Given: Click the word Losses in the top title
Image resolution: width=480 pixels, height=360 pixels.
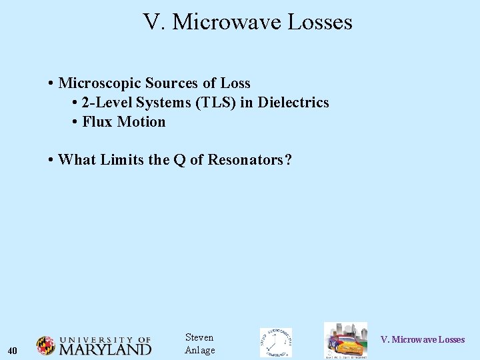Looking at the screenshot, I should pos(319,23).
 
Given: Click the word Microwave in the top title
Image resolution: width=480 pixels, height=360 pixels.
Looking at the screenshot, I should pos(227,23).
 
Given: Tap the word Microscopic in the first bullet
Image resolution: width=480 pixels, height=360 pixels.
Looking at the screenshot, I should pos(99,83).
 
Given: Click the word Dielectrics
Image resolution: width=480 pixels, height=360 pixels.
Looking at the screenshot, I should pos(293,103).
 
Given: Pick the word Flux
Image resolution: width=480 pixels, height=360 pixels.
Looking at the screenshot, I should pos(97,122).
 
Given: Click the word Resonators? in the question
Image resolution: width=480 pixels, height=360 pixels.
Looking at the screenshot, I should pos(250,160).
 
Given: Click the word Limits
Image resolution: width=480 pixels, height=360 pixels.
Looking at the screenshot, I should pos(121,160).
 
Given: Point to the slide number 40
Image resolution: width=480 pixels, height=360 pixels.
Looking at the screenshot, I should pos(13,351).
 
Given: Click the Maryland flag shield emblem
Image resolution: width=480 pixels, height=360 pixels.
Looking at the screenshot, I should pos(45,345).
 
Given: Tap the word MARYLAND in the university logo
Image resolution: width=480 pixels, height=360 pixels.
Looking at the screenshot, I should pos(105,349).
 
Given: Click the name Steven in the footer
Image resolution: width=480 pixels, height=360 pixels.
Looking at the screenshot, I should pos(199,337).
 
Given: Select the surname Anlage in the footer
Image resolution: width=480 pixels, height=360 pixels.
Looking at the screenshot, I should pos(199,350).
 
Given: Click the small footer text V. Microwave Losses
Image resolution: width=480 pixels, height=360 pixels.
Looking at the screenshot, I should pos(422,340).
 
